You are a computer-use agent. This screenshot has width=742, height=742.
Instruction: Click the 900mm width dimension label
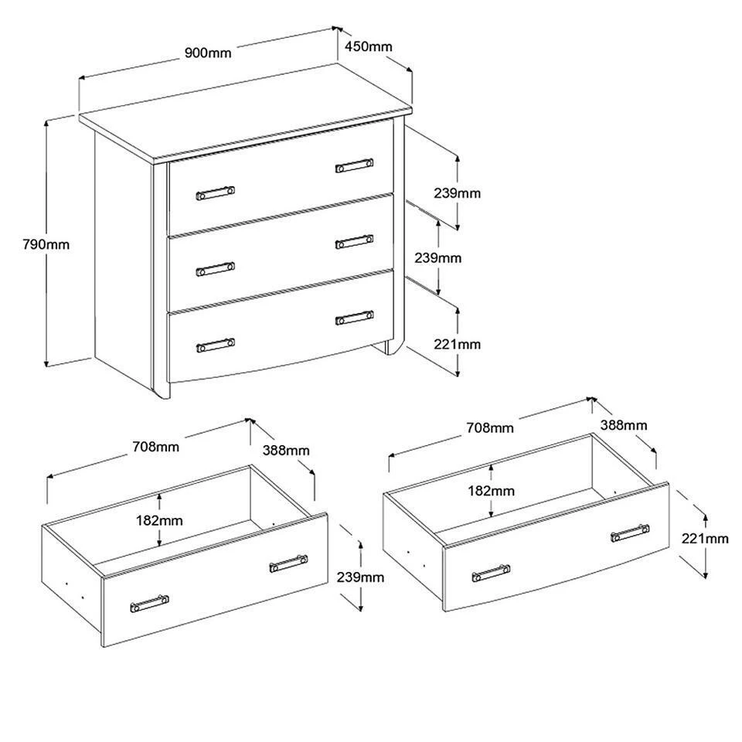pyautogui.click(x=208, y=52)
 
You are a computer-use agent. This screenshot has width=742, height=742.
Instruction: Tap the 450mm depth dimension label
pyautogui.click(x=369, y=46)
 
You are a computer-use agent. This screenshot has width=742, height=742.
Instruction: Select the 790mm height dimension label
pyautogui.click(x=46, y=244)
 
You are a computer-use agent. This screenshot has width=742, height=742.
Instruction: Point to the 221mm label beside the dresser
pyautogui.click(x=457, y=344)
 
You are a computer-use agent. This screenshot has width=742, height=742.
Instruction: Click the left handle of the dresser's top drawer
pyautogui.click(x=216, y=193)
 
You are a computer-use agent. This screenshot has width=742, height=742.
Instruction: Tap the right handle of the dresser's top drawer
pyautogui.click(x=355, y=165)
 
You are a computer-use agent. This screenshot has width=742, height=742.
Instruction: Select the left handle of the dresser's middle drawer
pyautogui.click(x=216, y=269)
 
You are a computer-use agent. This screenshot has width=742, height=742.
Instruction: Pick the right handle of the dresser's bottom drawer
pyautogui.click(x=355, y=318)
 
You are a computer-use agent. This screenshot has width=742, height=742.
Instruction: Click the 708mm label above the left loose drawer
pyautogui.click(x=155, y=446)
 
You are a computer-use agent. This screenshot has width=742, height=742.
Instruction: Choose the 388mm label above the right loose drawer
pyautogui.click(x=624, y=425)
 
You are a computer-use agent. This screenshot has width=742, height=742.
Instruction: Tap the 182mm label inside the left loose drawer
pyautogui.click(x=159, y=520)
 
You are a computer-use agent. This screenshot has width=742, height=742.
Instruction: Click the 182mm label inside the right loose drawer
pyautogui.click(x=492, y=491)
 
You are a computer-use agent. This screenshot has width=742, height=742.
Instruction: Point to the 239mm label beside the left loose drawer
pyautogui.click(x=361, y=577)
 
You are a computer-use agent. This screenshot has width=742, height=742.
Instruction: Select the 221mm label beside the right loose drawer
pyautogui.click(x=705, y=538)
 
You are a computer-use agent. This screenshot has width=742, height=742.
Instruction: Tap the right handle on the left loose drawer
pyautogui.click(x=288, y=563)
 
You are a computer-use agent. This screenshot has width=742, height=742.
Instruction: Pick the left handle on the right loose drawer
pyautogui.click(x=492, y=573)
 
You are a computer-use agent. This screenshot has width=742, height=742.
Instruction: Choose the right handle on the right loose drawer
pyautogui.click(x=630, y=533)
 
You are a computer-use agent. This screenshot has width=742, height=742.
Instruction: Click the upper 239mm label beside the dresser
pyautogui.click(x=457, y=193)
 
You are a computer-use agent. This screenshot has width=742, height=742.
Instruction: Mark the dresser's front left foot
pyautogui.click(x=162, y=390)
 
